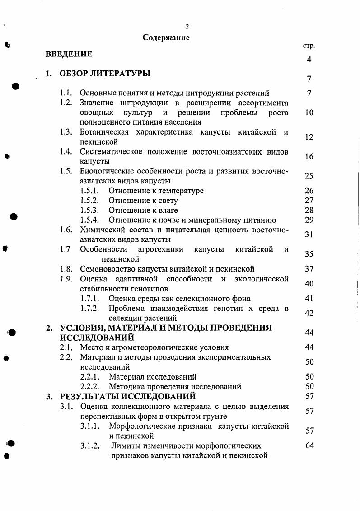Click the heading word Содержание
(166, 38)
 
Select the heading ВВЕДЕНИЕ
(69, 54)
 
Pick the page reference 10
(309, 113)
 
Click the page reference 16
(309, 157)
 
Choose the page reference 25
(309, 176)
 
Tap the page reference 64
(309, 446)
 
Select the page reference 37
(309, 269)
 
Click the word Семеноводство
(106, 269)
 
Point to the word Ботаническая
(104, 132)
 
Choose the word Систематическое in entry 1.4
(111, 152)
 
